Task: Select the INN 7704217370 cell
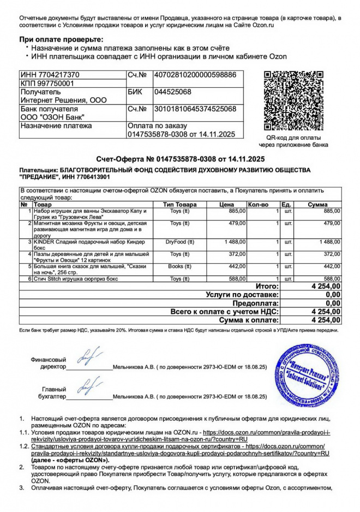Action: click(x=50, y=75)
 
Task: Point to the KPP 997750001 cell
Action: click(x=47, y=84)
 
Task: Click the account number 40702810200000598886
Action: click(x=195, y=75)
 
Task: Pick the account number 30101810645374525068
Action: click(x=195, y=109)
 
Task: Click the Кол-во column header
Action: click(x=258, y=205)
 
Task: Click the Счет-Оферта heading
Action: click(x=180, y=159)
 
